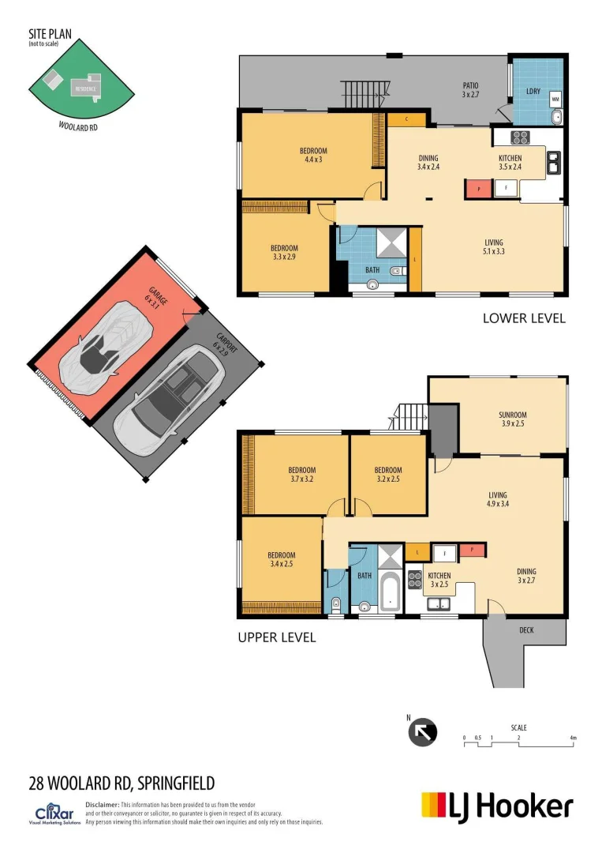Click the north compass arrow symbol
pyautogui.click(x=423, y=732)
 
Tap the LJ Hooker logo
pyautogui.click(x=497, y=806)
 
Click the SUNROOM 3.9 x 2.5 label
pyautogui.click(x=512, y=419)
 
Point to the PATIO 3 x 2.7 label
pyautogui.click(x=471, y=90)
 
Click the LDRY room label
pyautogui.click(x=533, y=91)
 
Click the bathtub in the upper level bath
pyautogui.click(x=388, y=592)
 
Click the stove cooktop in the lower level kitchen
pyautogui.click(x=521, y=138)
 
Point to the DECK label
pyautogui.click(x=526, y=629)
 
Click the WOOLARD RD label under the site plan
pyautogui.click(x=79, y=126)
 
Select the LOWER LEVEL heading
pyautogui.click(x=524, y=318)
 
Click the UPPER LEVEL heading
pyautogui.click(x=277, y=637)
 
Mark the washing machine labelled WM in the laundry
pyautogui.click(x=555, y=100)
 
